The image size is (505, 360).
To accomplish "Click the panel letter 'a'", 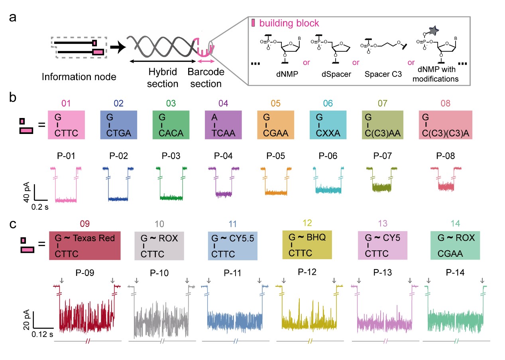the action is pyautogui.click(x=13, y=18).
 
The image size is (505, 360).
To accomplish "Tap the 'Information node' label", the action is pyautogui.click(x=79, y=77).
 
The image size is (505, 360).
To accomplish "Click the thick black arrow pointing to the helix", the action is pyautogui.click(x=118, y=47).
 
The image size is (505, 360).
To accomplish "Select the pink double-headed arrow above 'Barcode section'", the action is pyautogui.click(x=206, y=61).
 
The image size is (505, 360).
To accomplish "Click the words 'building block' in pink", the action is pyautogui.click(x=289, y=23).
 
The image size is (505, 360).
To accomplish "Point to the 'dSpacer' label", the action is pyautogui.click(x=336, y=74).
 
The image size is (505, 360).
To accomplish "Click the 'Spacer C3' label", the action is pyautogui.click(x=383, y=74).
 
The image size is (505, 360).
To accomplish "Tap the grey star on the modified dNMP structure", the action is pyautogui.click(x=433, y=30).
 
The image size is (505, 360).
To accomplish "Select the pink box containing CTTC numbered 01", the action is pyautogui.click(x=66, y=125).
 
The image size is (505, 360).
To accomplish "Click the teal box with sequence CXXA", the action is pyautogui.click(x=328, y=125).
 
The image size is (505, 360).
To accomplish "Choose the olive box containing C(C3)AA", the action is pyautogui.click(x=382, y=125).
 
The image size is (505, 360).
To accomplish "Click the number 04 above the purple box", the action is pyautogui.click(x=223, y=103).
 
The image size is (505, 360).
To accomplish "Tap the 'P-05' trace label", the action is pyautogui.click(x=275, y=156).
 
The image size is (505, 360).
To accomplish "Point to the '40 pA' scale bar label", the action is pyautogui.click(x=26, y=192).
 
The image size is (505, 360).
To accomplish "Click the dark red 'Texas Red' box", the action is pyautogui.click(x=85, y=246).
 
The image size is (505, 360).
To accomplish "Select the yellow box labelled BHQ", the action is pyautogui.click(x=307, y=245).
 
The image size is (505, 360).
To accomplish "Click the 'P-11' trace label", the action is pyautogui.click(x=232, y=273).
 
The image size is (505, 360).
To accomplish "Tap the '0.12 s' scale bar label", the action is pyautogui.click(x=42, y=334).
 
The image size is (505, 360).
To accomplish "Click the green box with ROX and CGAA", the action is pyautogui.click(x=455, y=246).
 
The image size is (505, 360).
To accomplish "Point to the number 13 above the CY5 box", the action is pyautogui.click(x=383, y=224).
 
